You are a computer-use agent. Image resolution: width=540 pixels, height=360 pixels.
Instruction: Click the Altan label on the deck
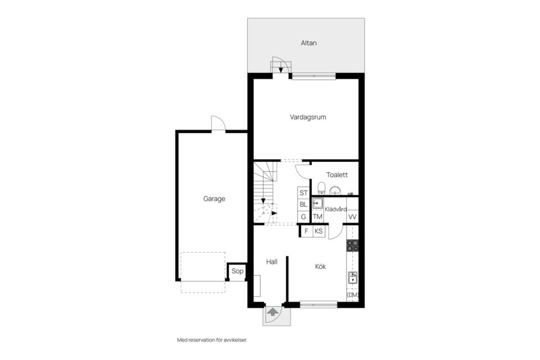coord(309,43)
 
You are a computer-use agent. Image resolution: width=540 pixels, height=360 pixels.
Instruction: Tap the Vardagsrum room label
coord(308,117)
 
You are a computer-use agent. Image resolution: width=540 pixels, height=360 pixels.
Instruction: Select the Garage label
coord(214,199)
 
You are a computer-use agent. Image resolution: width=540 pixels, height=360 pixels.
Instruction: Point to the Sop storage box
coord(237,272)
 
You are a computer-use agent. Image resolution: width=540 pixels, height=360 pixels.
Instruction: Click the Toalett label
coord(337,175)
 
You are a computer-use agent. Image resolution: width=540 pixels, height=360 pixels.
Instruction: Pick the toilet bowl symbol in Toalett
coord(321,188)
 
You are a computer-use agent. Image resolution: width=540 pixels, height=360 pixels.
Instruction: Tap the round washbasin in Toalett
coord(335,190)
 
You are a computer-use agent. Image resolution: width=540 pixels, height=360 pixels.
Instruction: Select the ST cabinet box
coord(303,193)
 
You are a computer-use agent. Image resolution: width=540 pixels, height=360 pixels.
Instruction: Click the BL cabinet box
coord(303,205)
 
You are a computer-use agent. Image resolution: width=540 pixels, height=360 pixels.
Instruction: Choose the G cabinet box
coord(303,217)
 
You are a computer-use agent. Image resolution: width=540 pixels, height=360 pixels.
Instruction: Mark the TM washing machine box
coord(317,217)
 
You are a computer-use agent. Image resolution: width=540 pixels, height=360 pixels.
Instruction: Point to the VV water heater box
coord(352,217)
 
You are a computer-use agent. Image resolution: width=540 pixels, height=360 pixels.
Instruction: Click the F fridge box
coord(307,231)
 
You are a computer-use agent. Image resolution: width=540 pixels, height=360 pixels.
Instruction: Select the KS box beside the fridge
coord(319,231)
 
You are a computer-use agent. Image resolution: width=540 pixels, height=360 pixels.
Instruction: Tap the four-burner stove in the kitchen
coord(352,245)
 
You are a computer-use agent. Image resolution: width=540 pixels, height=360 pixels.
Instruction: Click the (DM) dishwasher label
coord(353,295)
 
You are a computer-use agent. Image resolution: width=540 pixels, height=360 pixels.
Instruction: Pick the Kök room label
coord(321,267)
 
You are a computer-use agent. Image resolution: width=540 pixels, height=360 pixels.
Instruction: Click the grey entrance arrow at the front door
coord(273,312)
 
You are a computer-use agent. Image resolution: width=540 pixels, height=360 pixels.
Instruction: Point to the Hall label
coord(272,262)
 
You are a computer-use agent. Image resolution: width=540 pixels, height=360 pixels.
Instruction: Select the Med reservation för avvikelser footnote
coord(212,340)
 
